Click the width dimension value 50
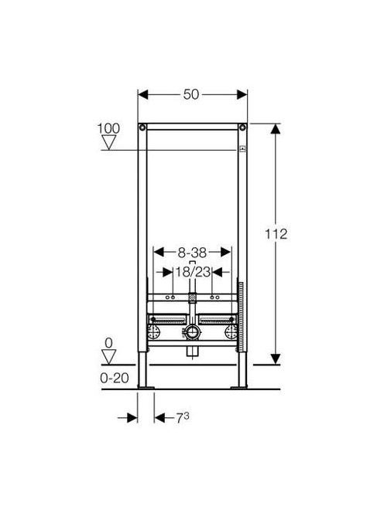tap(191, 94)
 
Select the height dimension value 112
tap(276, 234)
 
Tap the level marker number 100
tap(108, 128)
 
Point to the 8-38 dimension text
tap(192, 252)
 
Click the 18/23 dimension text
tap(193, 271)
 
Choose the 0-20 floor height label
tap(115, 379)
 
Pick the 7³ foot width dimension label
tap(183, 418)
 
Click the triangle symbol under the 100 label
tap(108, 142)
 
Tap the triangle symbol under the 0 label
tap(109, 357)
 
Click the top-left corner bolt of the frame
tap(142, 127)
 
